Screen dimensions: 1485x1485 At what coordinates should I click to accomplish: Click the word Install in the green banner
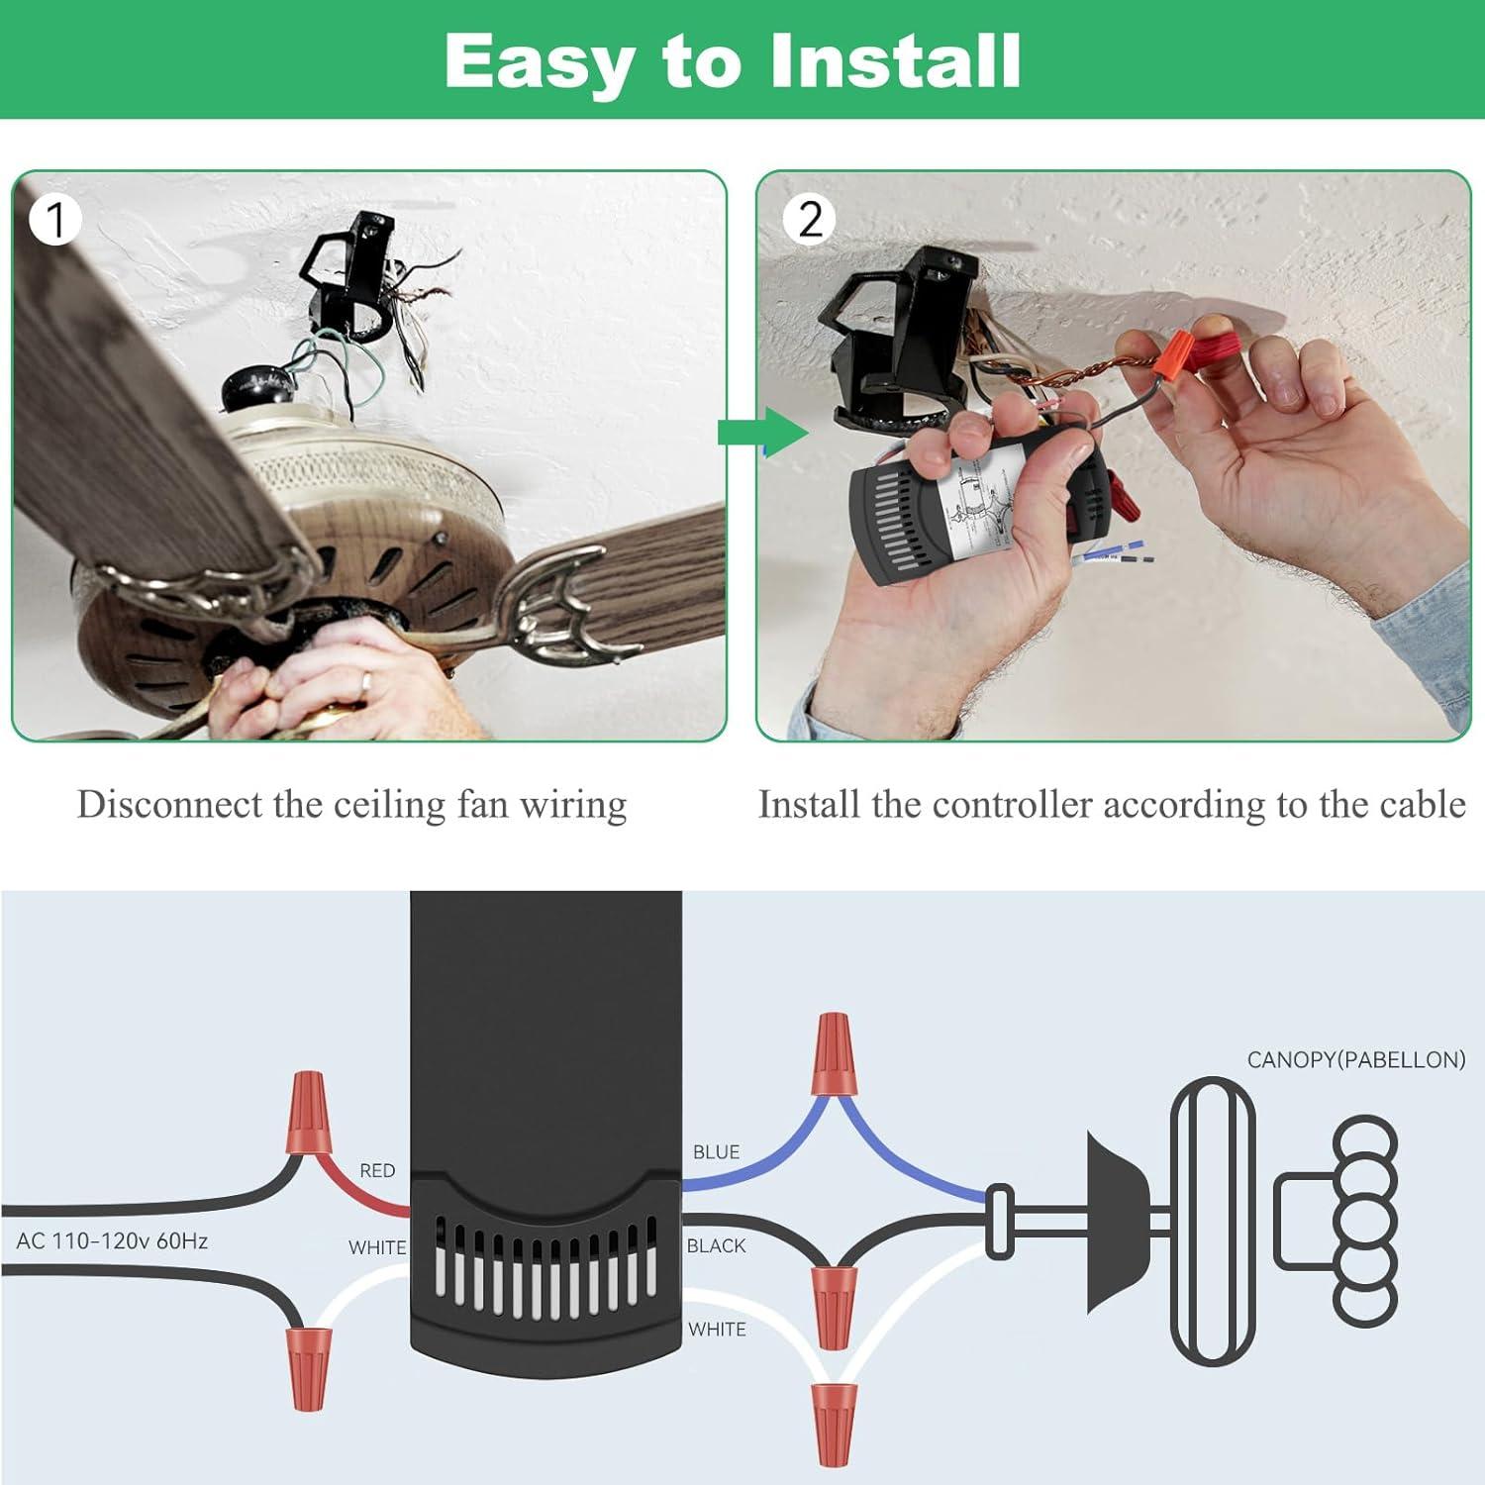click(894, 61)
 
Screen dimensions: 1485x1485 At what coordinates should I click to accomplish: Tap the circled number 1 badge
click(55, 220)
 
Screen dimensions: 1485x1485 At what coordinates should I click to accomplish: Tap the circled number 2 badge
click(810, 220)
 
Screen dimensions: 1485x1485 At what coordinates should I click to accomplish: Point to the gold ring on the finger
click(366, 681)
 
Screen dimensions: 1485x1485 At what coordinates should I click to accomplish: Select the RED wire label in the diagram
click(377, 1170)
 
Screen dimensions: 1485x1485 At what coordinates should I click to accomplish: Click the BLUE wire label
click(716, 1152)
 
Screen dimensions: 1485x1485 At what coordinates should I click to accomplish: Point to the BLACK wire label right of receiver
click(716, 1245)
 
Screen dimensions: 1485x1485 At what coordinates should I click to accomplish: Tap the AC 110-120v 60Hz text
click(112, 1240)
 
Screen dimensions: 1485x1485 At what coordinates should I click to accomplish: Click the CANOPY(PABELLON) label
click(1355, 1059)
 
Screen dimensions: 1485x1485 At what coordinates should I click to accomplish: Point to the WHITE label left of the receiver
click(377, 1247)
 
